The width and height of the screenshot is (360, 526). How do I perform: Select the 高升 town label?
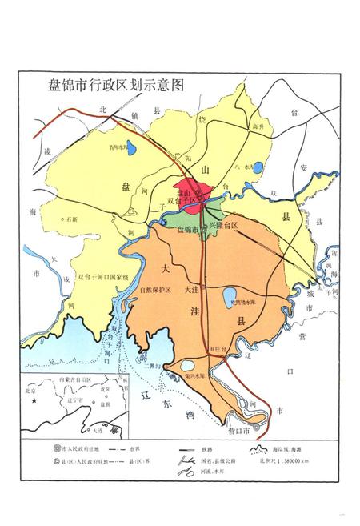(x=257, y=127)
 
